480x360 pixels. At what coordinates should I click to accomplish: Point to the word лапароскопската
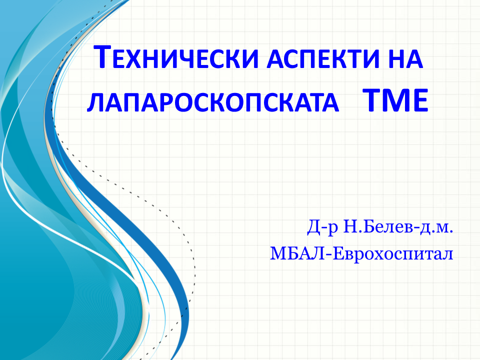point(213,102)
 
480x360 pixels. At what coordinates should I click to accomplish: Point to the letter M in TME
point(395,100)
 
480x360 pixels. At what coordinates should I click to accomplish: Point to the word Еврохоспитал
point(393,254)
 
